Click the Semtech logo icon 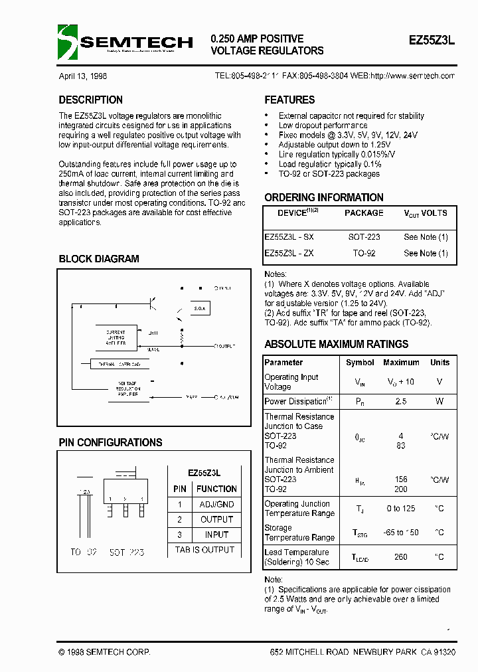tap(68, 41)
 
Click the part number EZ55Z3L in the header tap(432, 40)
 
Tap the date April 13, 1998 tap(83, 76)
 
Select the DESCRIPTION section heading tap(90, 100)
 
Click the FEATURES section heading tap(289, 100)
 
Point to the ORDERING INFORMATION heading tap(324, 197)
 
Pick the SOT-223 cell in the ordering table tap(364, 237)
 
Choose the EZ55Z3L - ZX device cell tap(289, 253)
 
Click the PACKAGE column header tap(364, 213)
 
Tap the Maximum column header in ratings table tap(401, 363)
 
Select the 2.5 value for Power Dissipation tap(401, 401)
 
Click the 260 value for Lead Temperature tap(401, 557)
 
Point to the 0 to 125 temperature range tap(401, 509)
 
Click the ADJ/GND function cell tap(216, 504)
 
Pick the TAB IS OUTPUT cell tap(204, 550)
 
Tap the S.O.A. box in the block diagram tap(199, 309)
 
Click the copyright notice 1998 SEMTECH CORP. tap(104, 653)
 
